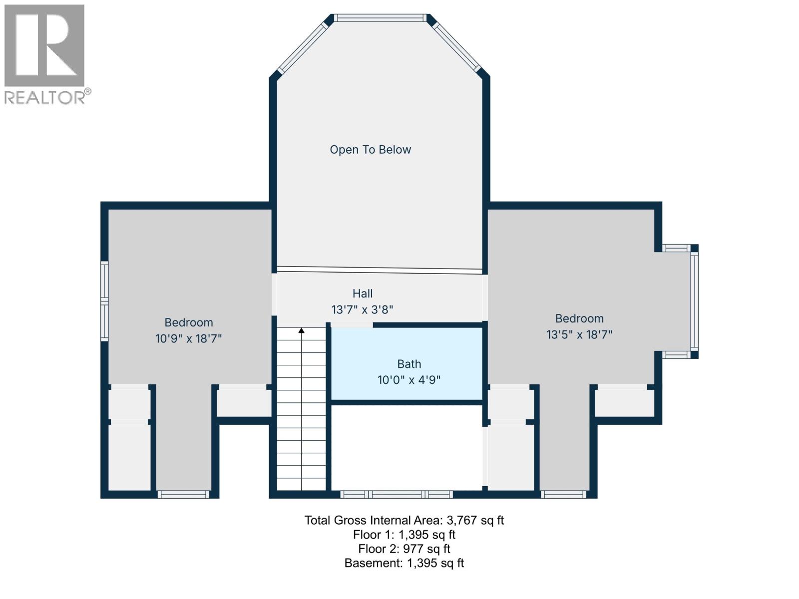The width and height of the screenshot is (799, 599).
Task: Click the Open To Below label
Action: pyautogui.click(x=370, y=150)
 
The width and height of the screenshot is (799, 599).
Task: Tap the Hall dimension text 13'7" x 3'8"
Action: pyautogui.click(x=363, y=310)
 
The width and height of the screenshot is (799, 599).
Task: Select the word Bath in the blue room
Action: pyautogui.click(x=409, y=364)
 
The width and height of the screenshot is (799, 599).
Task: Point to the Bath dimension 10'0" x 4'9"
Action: pyautogui.click(x=409, y=380)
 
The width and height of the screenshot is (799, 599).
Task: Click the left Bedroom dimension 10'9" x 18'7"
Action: pyautogui.click(x=188, y=339)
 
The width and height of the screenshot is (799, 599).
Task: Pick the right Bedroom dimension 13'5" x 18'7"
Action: pyautogui.click(x=579, y=334)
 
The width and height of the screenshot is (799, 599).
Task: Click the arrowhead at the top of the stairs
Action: pyautogui.click(x=302, y=330)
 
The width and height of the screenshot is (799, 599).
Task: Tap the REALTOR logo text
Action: pyautogui.click(x=45, y=97)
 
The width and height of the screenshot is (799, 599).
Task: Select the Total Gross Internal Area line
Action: pyautogui.click(x=404, y=521)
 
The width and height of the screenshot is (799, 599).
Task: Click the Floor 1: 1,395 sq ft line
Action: pyautogui.click(x=404, y=535)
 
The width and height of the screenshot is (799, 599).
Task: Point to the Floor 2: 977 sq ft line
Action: pyautogui.click(x=404, y=549)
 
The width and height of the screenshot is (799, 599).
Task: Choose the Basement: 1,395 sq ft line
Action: pyautogui.click(x=404, y=564)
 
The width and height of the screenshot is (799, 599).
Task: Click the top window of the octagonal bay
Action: pyautogui.click(x=380, y=18)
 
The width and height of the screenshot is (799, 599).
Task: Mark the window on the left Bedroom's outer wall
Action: pyautogui.click(x=104, y=301)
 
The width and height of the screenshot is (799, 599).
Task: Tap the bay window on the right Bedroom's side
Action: pyautogui.click(x=694, y=301)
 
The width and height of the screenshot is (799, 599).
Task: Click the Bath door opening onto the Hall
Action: pyautogui.click(x=352, y=325)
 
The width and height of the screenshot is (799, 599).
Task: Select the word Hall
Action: pyautogui.click(x=363, y=294)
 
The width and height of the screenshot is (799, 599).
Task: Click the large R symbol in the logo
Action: pyautogui.click(x=44, y=45)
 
